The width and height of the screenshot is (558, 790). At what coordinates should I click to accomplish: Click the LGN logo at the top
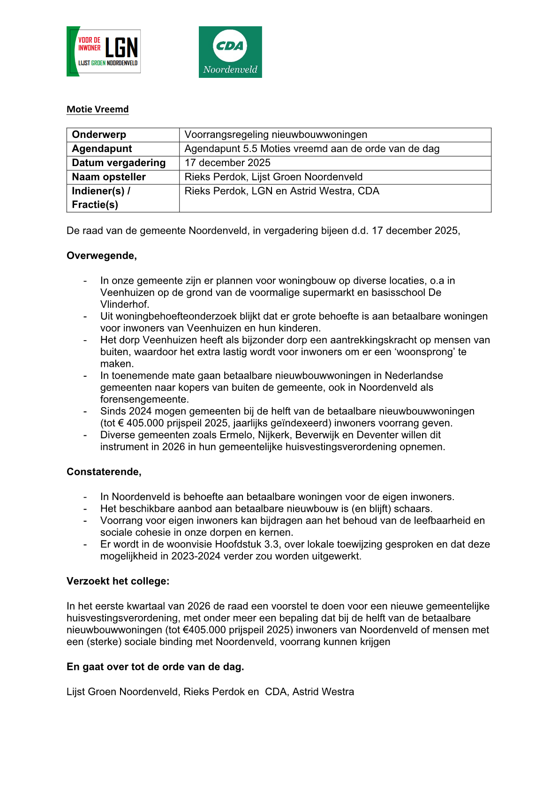104,51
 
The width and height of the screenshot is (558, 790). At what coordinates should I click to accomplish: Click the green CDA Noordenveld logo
230,52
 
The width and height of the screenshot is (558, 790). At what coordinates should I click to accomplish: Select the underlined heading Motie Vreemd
98,109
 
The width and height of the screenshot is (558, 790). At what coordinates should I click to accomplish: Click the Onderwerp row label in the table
99,135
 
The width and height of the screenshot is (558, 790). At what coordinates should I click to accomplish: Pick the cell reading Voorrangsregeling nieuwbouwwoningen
276,135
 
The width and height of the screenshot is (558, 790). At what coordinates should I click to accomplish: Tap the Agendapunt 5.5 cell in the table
312,149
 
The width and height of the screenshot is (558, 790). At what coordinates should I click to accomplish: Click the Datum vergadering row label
119,163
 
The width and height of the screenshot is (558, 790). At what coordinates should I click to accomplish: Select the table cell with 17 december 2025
227,163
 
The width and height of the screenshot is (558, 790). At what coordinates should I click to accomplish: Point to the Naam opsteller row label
109,177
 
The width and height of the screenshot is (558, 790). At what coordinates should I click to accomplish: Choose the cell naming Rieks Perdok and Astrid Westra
282,191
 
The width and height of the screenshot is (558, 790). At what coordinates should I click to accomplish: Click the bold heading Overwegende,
102,256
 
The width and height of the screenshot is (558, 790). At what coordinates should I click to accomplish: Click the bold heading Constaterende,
104,472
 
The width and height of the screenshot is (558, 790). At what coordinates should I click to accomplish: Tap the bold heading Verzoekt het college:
118,581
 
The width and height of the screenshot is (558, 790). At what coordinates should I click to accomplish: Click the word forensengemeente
143,399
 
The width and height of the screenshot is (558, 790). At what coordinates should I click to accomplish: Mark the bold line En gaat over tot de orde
155,667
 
